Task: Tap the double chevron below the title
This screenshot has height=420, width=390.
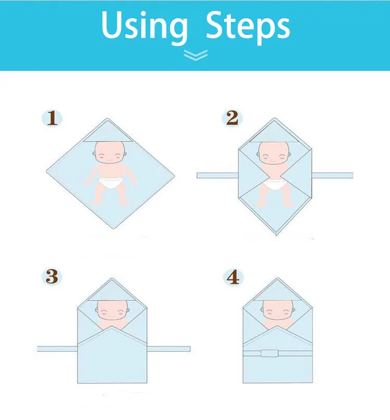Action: tap(196, 55)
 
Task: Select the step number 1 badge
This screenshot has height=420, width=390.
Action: tap(52, 118)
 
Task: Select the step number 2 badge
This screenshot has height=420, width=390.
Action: tap(232, 118)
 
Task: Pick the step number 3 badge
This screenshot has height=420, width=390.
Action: tap(52, 277)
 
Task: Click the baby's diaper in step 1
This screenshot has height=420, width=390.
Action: tap(111, 183)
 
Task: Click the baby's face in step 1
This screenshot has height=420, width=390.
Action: tap(110, 152)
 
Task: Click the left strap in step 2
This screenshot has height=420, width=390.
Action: tap(217, 176)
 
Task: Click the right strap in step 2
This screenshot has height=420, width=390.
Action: tap(332, 176)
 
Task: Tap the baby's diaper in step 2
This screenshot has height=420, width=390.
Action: tap(275, 185)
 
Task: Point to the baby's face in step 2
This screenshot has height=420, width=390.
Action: tap(274, 153)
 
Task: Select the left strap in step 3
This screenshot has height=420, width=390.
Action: tap(57, 349)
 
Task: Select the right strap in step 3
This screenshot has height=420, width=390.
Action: tap(168, 349)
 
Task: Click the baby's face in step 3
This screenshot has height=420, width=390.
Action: tap(112, 310)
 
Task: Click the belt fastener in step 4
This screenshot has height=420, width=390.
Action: tap(269, 353)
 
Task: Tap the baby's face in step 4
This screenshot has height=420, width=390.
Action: tap(278, 310)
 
